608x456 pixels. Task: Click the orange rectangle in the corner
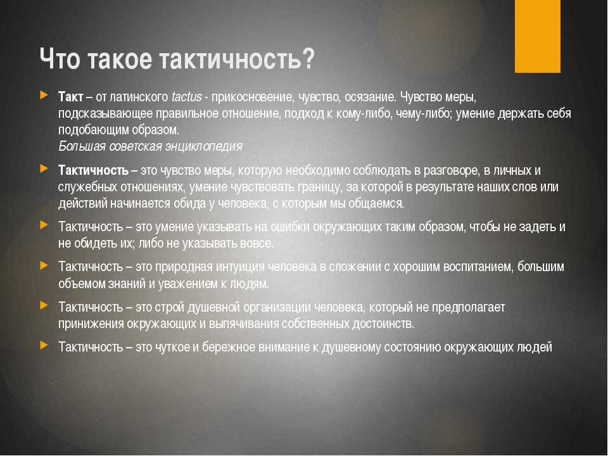pyautogui.click(x=538, y=36)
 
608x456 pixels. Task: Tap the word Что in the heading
pyautogui.click(x=60, y=59)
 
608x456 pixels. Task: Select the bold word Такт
pyautogui.click(x=70, y=96)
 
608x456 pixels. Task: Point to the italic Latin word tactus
pyautogui.click(x=186, y=96)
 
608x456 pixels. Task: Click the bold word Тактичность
pyautogui.click(x=93, y=170)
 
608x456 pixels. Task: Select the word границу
pyautogui.click(x=320, y=187)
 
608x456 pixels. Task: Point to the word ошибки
pyautogui.click(x=289, y=227)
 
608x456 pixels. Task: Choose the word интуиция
pyautogui.click(x=240, y=267)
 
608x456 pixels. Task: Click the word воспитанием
pyautogui.click(x=476, y=267)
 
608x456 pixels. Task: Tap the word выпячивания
pyautogui.click(x=244, y=324)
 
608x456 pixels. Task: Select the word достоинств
pyautogui.click(x=383, y=324)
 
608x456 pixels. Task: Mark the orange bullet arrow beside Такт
pyautogui.click(x=44, y=95)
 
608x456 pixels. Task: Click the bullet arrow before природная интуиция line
pyautogui.click(x=44, y=265)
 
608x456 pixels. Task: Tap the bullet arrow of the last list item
pyautogui.click(x=44, y=345)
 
